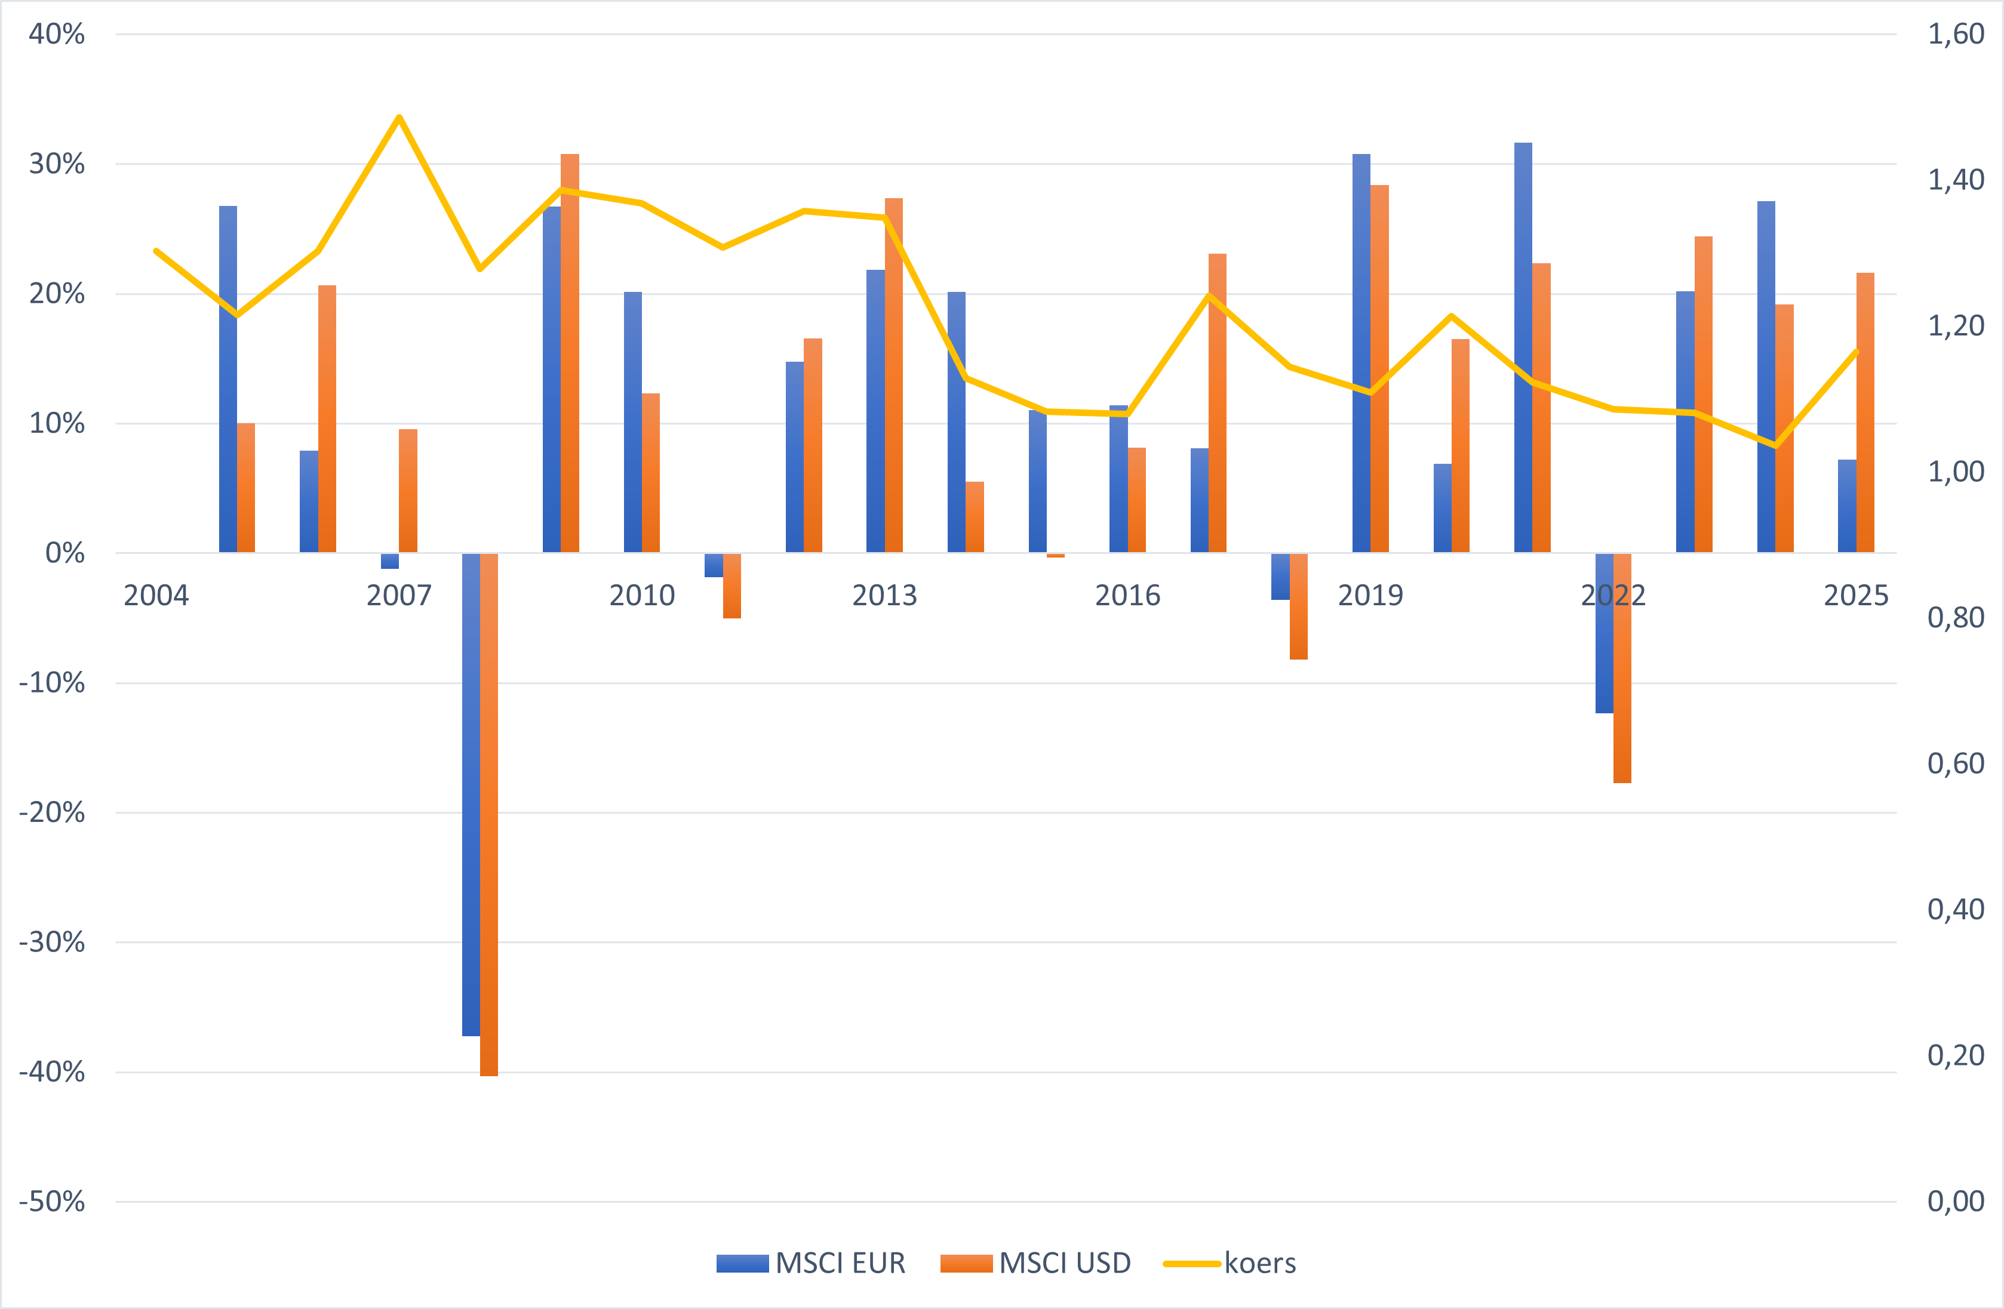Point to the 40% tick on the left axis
click(56, 35)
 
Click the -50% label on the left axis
click(52, 1201)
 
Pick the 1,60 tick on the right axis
click(1955, 35)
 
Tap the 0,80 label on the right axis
click(1955, 618)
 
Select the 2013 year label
click(884, 595)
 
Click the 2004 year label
click(156, 595)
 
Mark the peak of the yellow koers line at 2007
click(399, 117)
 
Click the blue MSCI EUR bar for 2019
click(1361, 353)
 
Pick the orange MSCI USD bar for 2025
click(1865, 412)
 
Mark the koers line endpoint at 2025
click(1857, 351)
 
